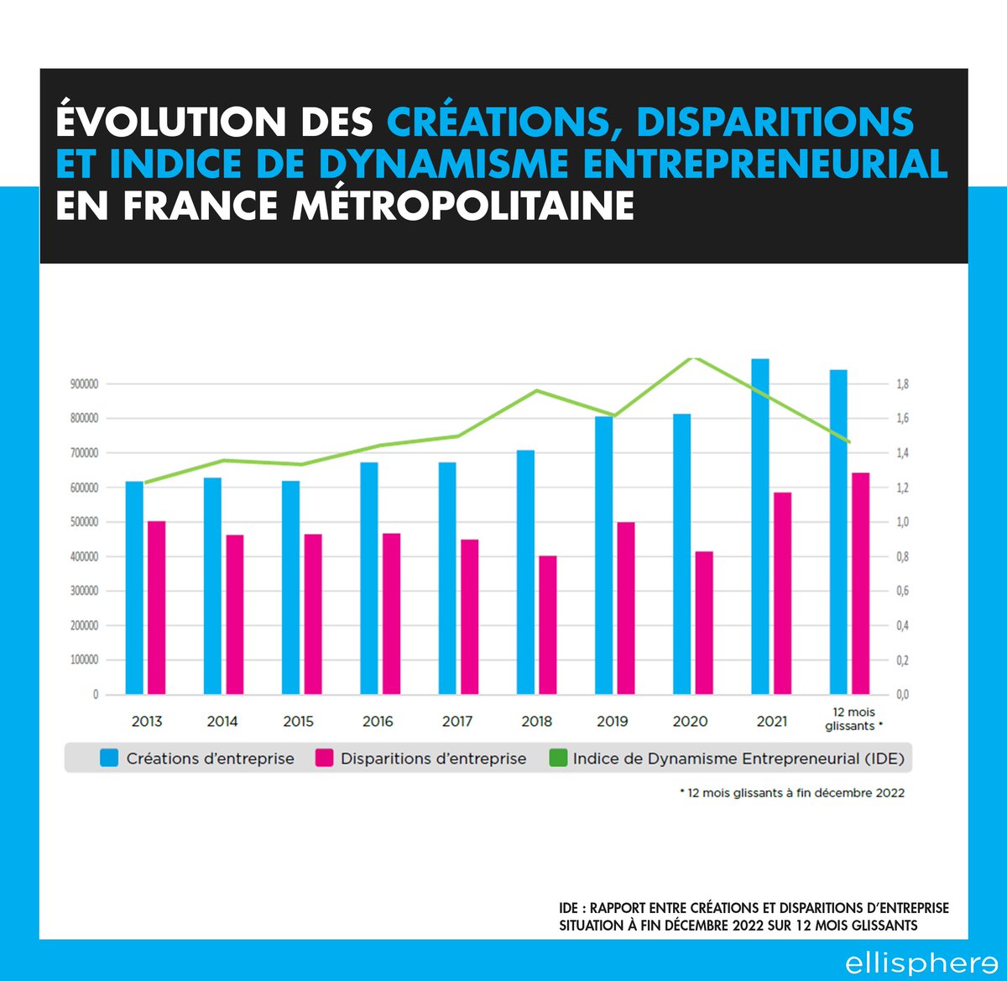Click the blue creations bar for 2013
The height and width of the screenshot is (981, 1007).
(x=134, y=587)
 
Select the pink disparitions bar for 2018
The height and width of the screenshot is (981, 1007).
(x=547, y=624)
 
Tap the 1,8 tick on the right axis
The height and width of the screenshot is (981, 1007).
(x=903, y=384)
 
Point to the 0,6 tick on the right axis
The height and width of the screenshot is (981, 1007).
(x=903, y=592)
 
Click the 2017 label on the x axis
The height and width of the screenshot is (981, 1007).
(x=457, y=721)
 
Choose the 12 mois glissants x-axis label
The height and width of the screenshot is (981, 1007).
(x=853, y=718)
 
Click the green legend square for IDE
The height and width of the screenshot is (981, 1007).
(x=557, y=759)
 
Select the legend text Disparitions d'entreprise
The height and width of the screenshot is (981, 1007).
(x=433, y=759)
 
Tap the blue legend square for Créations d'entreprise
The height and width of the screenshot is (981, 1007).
(x=109, y=759)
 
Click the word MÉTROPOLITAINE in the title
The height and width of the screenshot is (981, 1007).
(x=463, y=206)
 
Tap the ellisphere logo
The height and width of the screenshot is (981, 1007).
(x=921, y=962)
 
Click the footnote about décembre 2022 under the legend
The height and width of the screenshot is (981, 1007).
(x=792, y=792)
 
